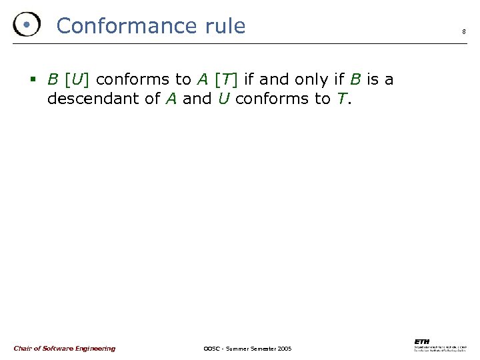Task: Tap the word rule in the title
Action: (222, 26)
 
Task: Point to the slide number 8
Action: (464, 31)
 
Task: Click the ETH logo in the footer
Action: (421, 341)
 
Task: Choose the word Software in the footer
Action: (62, 349)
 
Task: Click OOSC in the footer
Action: (211, 349)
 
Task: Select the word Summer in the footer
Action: (239, 349)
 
